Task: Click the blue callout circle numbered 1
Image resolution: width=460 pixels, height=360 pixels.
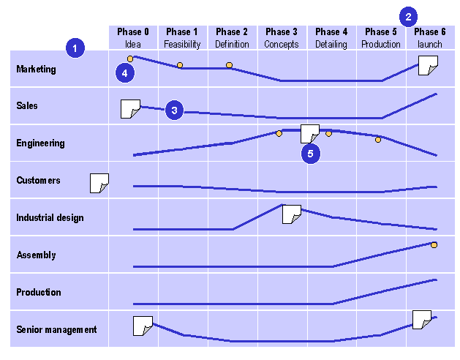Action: pos(75,48)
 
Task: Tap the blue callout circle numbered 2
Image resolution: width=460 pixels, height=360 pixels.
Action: pos(409,15)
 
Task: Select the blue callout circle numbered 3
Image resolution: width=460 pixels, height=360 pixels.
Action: pos(174,110)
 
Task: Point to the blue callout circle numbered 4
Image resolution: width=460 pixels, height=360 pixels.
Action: pos(126,72)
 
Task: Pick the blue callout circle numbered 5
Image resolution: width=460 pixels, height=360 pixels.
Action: pos(311,154)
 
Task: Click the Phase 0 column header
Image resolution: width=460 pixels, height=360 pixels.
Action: pos(133,37)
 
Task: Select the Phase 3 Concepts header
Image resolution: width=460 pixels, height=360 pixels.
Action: pos(282,37)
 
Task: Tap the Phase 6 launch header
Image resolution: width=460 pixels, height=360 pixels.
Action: pos(430,37)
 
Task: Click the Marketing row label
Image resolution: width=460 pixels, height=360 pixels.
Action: pos(36,70)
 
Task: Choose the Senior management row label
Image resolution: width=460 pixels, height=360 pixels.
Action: pos(56,329)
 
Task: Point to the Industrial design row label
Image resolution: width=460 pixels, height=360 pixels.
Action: pos(50,217)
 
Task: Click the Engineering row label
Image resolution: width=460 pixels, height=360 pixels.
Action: pos(40,143)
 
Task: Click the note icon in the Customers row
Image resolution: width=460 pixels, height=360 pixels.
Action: pos(99,183)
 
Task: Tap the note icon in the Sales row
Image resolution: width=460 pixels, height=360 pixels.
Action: pos(130,108)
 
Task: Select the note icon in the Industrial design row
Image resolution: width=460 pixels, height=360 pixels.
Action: pos(292,214)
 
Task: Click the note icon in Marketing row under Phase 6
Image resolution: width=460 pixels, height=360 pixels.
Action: pos(428,66)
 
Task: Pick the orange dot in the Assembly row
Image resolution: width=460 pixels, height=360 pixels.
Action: pos(434,244)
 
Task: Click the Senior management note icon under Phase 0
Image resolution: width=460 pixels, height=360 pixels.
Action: pos(143,326)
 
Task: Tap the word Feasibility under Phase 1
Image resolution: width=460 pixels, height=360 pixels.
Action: pos(182,45)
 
